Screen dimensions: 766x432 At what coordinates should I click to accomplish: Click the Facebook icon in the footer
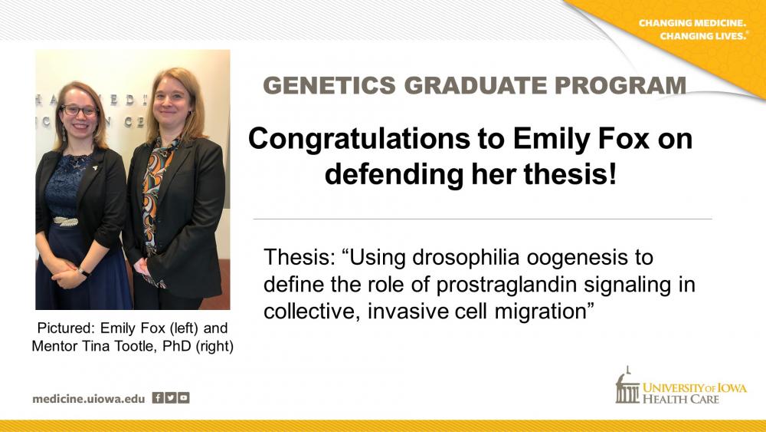click(158, 397)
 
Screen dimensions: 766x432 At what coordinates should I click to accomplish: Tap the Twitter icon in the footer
click(171, 397)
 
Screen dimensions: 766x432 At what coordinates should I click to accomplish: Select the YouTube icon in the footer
click(183, 397)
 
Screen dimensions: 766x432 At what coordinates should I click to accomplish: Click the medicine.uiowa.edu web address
click(88, 399)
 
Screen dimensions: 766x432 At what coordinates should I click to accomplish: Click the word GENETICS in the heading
click(329, 86)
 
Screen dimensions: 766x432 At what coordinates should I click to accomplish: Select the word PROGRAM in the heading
click(620, 86)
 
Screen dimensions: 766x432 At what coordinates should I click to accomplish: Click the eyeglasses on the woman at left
click(79, 110)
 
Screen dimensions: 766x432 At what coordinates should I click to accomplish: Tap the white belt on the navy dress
click(65, 221)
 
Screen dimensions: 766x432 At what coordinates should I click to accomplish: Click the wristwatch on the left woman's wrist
click(83, 272)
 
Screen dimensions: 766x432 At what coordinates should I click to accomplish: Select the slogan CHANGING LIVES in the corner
click(703, 36)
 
